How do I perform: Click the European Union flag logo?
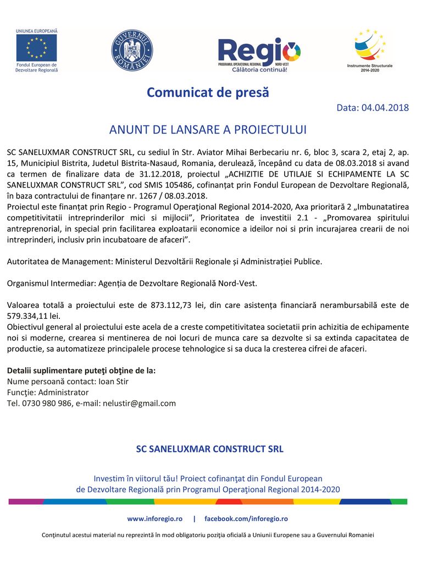[x=36, y=48]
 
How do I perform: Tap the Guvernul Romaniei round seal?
[x=132, y=50]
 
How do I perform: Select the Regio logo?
[x=259, y=53]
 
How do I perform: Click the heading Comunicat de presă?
[x=208, y=92]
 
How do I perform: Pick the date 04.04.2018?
[x=385, y=108]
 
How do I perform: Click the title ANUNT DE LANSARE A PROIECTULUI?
[x=208, y=130]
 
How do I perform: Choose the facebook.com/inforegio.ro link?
[x=246, y=518]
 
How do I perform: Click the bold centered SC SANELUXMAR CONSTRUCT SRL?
[x=209, y=449]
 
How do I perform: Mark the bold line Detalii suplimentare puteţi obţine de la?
[x=81, y=370]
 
